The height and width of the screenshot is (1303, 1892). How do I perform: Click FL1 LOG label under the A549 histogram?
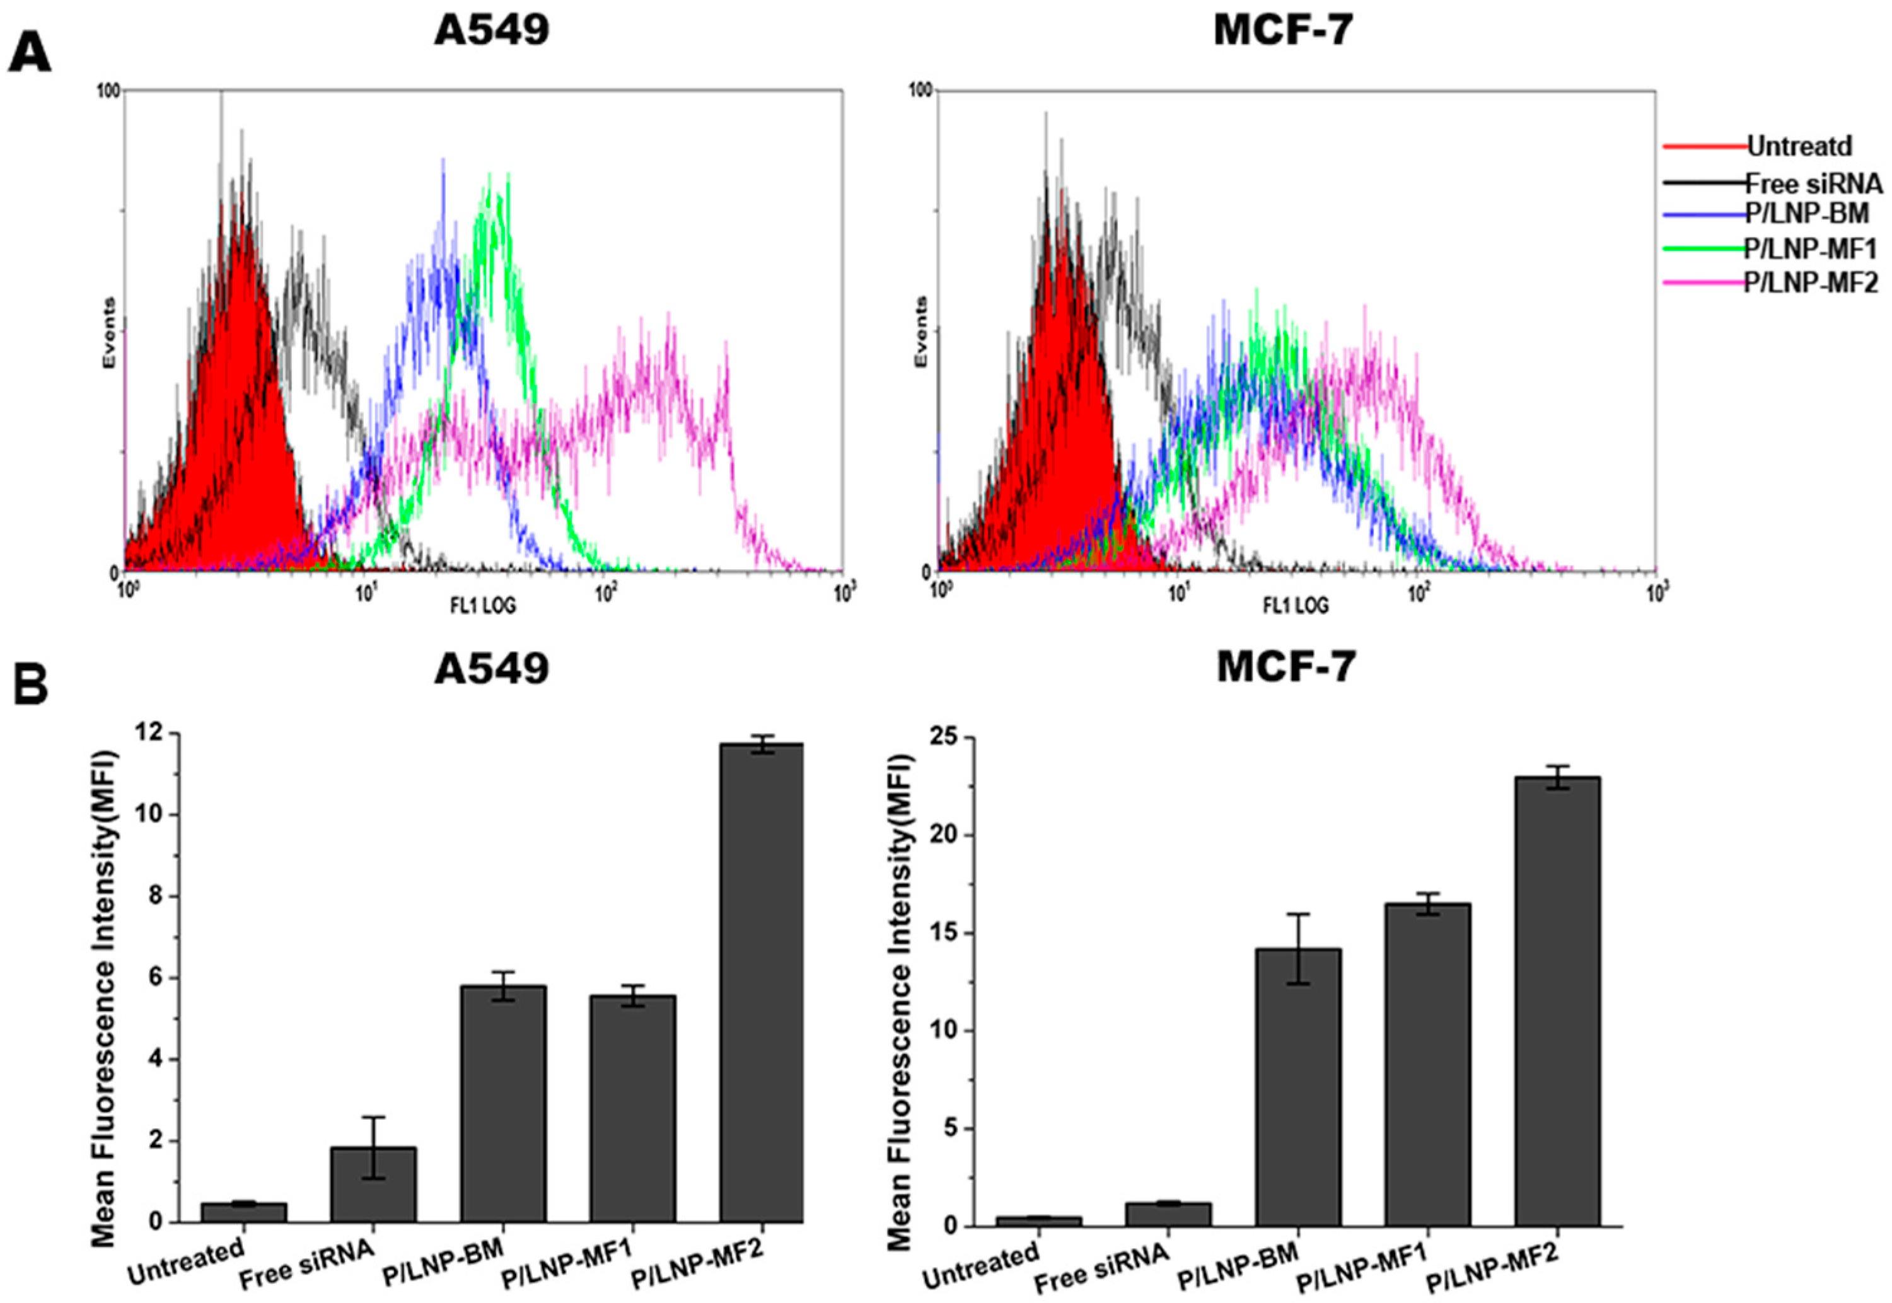[484, 606]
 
